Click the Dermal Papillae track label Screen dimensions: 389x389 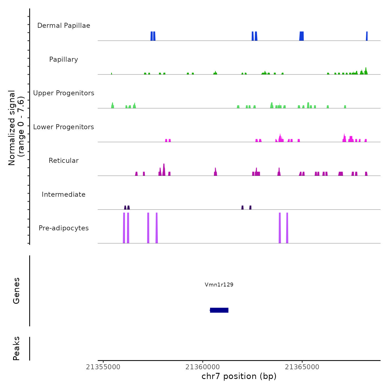click(64, 26)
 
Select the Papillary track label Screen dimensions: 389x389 click(64, 59)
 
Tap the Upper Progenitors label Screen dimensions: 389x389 click(64, 93)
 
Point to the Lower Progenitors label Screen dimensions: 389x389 click(64, 127)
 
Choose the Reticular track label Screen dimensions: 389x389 click(64, 161)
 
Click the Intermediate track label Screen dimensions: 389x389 click(64, 194)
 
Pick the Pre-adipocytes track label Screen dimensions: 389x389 click(64, 228)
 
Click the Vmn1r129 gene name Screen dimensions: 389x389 click(219, 285)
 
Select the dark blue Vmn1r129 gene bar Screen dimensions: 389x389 click(219, 310)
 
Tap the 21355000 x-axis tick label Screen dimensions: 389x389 click(103, 367)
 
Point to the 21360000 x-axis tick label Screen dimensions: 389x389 click(203, 367)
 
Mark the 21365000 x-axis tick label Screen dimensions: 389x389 click(302, 367)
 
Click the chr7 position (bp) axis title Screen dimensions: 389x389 click(239, 376)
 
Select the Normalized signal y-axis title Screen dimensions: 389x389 click(16, 128)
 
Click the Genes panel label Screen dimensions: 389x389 click(16, 291)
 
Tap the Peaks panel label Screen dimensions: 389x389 click(16, 348)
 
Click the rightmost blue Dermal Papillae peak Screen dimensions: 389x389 click(367, 36)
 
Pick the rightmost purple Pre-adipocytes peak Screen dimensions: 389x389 click(287, 228)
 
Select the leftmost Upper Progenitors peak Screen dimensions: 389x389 click(113, 105)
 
